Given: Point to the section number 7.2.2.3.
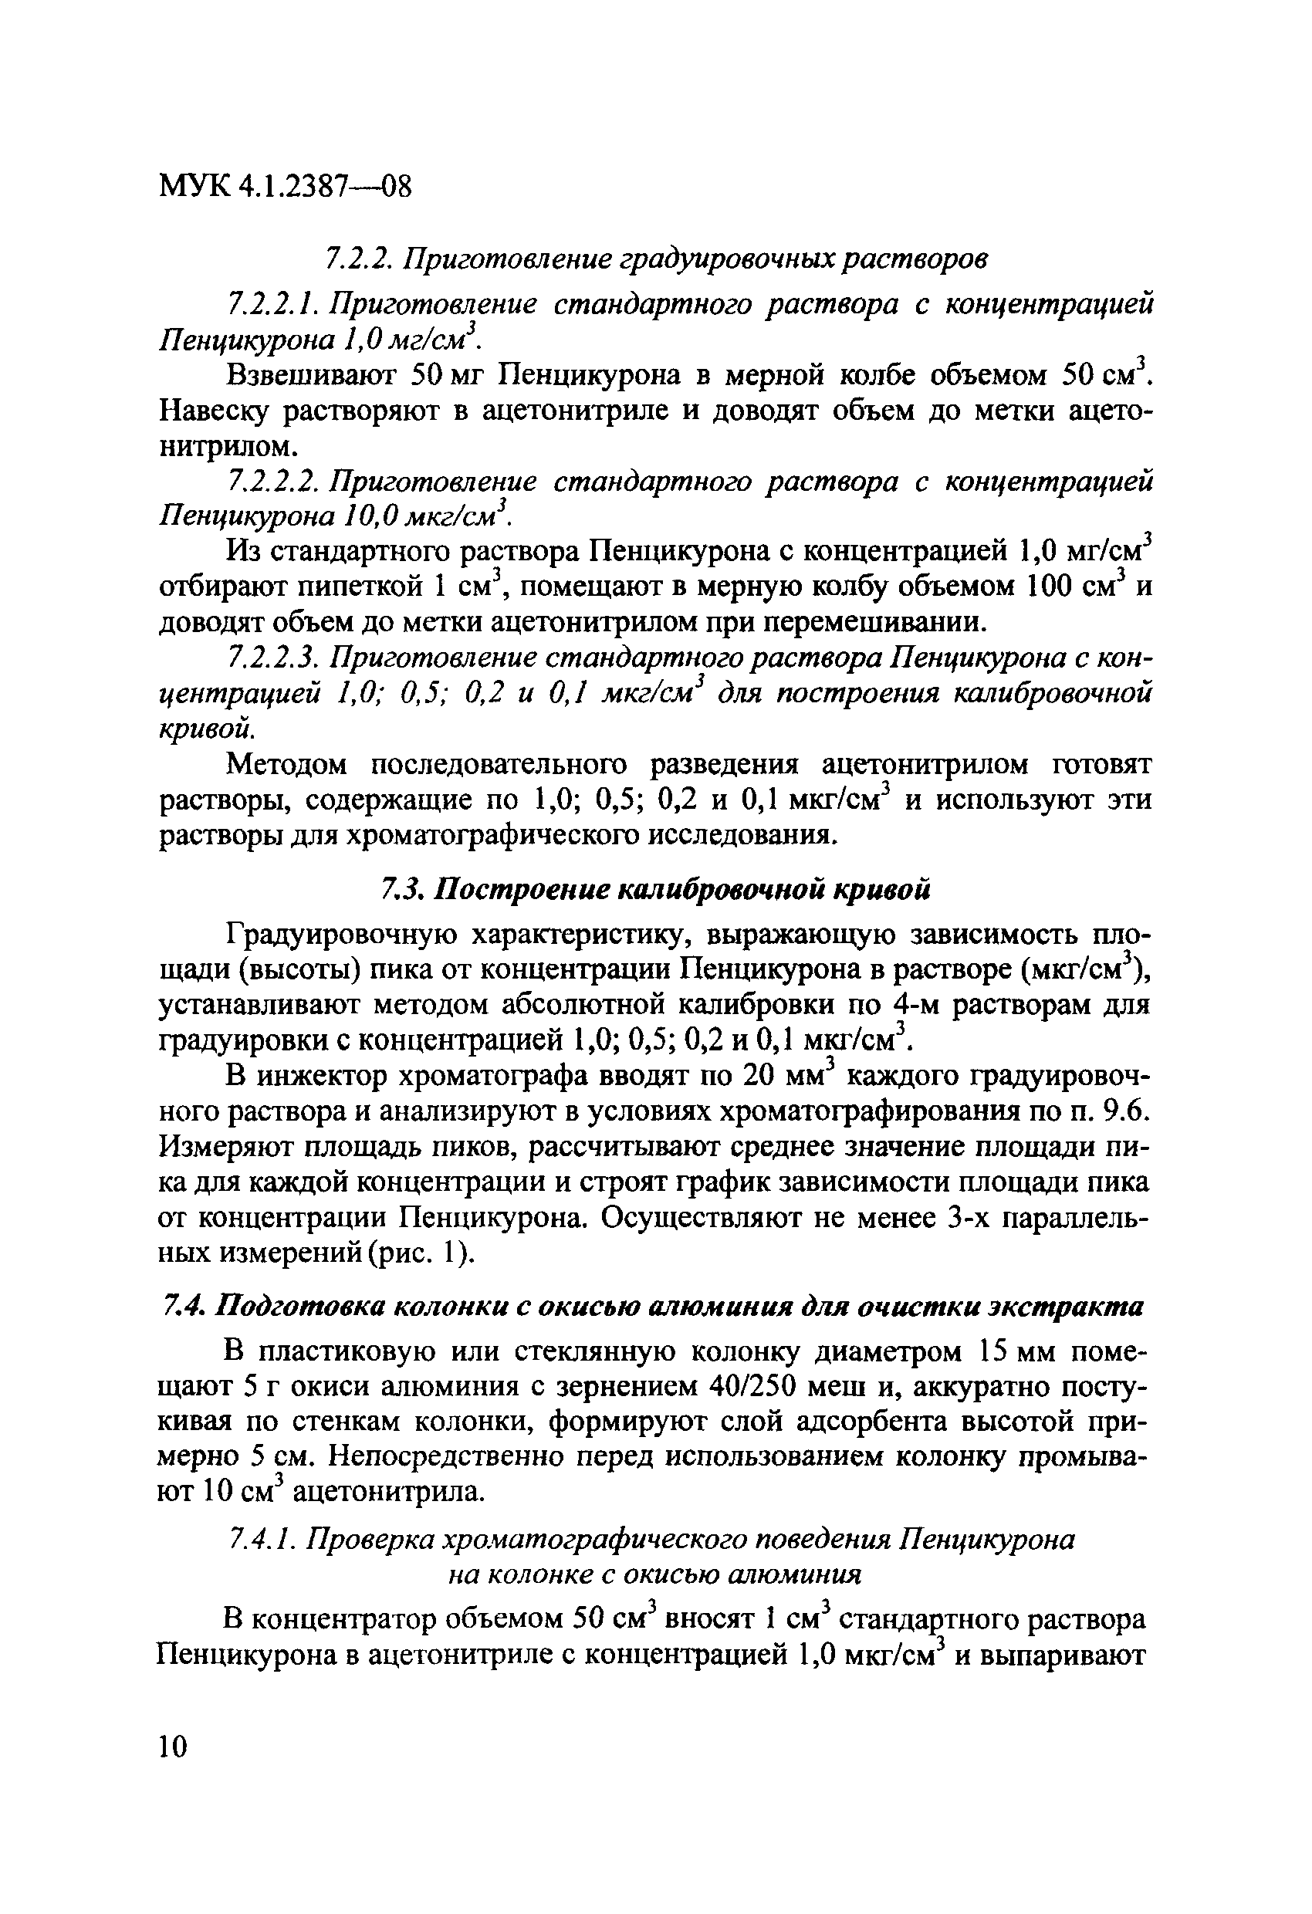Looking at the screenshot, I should (x=272, y=658).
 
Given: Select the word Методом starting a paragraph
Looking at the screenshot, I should (x=289, y=765).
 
